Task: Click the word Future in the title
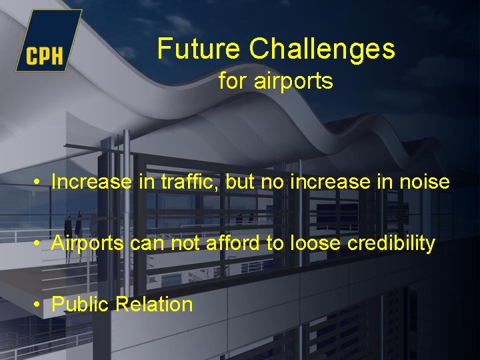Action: [x=200, y=49]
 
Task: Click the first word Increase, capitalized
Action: [x=91, y=182]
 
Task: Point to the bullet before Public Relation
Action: [x=41, y=305]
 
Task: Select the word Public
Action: [x=80, y=305]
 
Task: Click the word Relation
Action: [x=154, y=305]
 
